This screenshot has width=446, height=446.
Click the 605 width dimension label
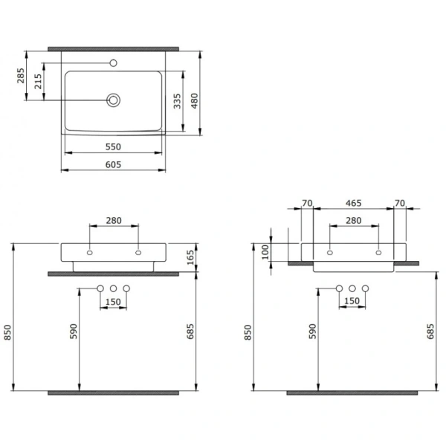pos(113,165)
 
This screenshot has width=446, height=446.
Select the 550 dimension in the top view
pos(113,147)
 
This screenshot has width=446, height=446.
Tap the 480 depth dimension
pos(194,100)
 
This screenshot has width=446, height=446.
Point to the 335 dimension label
pos(177,101)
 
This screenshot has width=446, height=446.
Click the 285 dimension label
pos(21,75)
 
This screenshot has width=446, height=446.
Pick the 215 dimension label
pos(38,81)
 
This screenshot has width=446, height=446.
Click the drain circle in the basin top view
pos(113,100)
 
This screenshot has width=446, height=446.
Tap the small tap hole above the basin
pos(113,63)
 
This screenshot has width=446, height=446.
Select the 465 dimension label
pos(354,204)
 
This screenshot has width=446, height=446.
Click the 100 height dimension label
pos(265,252)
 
